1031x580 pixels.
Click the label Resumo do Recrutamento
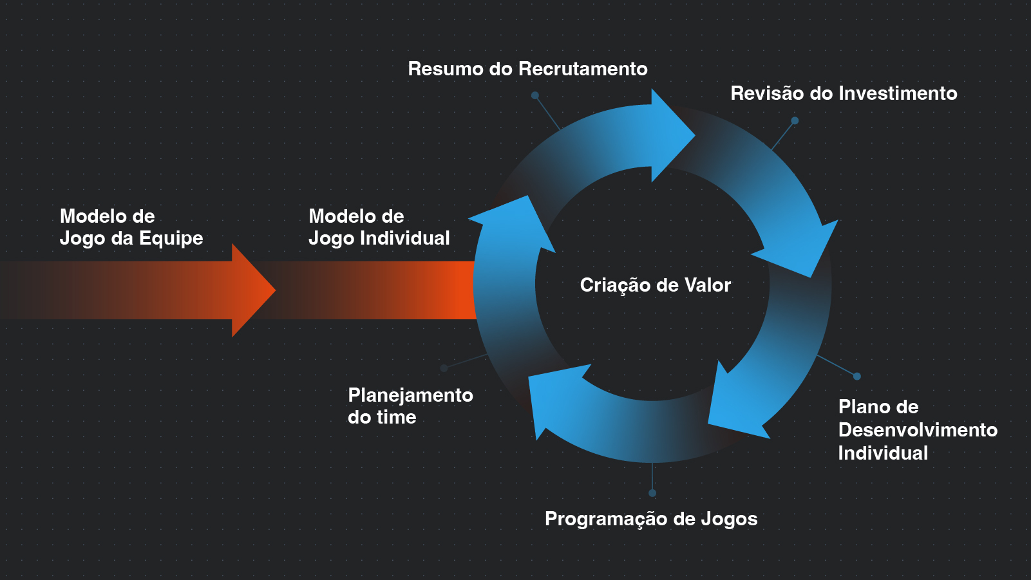(x=527, y=69)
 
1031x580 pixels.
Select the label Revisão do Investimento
(x=844, y=93)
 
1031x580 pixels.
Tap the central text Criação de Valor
(x=655, y=285)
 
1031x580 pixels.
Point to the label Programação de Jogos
(x=651, y=519)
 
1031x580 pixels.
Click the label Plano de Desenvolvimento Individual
(x=917, y=429)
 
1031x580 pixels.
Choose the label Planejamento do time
(x=410, y=406)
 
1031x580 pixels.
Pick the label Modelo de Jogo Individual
(x=379, y=227)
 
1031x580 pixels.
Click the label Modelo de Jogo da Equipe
(x=131, y=227)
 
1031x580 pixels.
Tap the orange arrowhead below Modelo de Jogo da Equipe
(x=252, y=290)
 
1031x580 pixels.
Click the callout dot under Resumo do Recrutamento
(x=535, y=95)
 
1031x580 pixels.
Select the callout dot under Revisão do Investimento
(x=795, y=120)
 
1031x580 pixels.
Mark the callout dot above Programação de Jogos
(x=652, y=493)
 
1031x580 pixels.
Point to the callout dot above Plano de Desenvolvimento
(x=857, y=377)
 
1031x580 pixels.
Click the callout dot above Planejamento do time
(x=444, y=368)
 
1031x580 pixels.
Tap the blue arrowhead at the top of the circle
(x=670, y=135)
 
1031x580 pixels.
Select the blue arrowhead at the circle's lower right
(x=734, y=406)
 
